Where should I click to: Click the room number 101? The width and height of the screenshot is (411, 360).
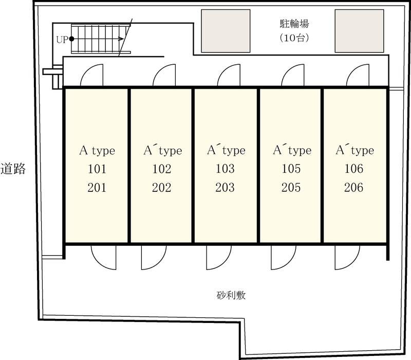point(97,169)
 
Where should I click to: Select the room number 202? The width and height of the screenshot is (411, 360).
point(162,187)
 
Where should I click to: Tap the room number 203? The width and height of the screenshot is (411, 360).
point(225,187)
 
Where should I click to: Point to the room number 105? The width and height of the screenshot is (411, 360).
point(291,169)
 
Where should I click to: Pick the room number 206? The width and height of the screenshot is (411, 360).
point(353,187)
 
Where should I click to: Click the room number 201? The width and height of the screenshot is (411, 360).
point(97,188)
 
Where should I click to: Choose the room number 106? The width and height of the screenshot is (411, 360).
point(354,169)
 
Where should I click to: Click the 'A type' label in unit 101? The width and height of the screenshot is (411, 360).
point(97,151)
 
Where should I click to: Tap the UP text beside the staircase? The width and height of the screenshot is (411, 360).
point(62,40)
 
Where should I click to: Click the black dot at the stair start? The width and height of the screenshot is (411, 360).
point(71,39)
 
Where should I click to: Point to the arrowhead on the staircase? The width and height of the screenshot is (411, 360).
point(121,39)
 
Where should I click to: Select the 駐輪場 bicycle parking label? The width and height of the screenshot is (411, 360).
point(294,24)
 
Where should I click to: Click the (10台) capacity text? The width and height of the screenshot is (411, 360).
point(294,38)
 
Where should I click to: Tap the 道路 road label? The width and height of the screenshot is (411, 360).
point(13,169)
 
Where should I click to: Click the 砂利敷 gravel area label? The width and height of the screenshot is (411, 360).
point(231,295)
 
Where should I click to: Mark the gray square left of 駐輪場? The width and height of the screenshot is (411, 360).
point(226,31)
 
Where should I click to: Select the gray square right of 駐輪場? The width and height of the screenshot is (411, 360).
point(359,31)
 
